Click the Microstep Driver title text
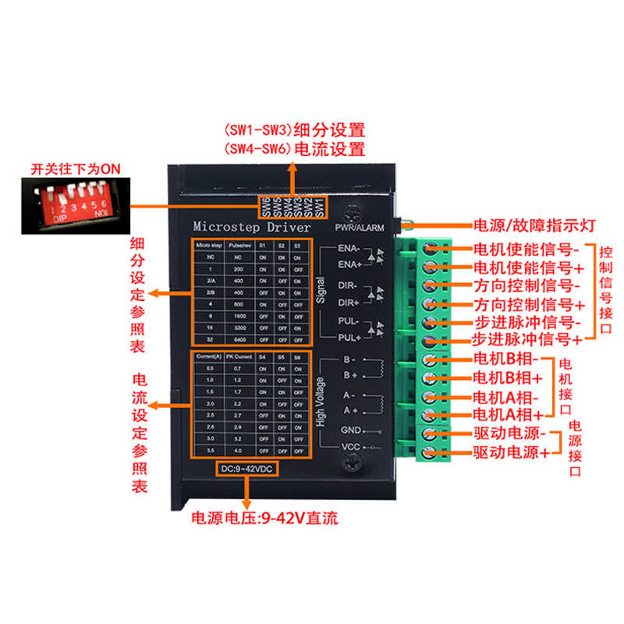point(251,226)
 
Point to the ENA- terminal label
point(349,248)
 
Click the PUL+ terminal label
point(349,338)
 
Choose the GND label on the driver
point(349,430)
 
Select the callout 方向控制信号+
point(528,303)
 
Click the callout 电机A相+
point(507,414)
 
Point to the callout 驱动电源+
point(511,452)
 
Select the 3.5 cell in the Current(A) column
point(210,451)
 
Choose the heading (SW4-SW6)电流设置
point(294,149)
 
